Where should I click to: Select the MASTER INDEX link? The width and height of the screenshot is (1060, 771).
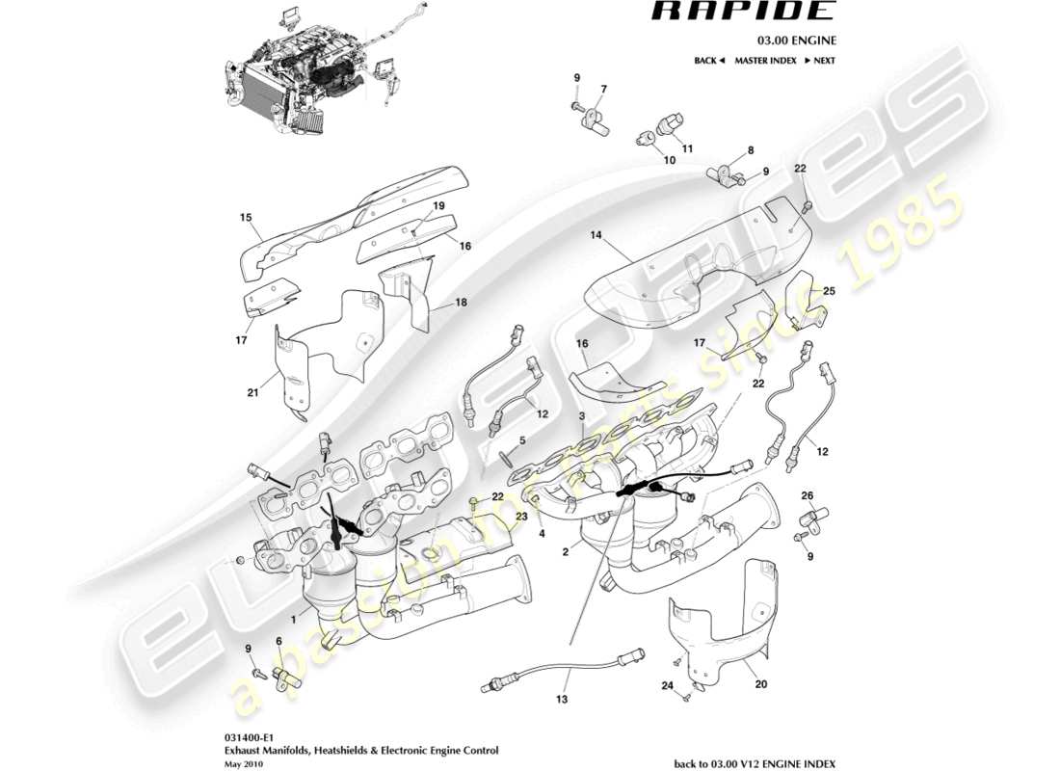coord(765,61)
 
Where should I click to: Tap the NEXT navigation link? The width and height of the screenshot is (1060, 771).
coord(818,61)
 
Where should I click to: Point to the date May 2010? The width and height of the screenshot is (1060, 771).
coord(244,762)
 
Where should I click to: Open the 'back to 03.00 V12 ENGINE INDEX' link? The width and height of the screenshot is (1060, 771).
coord(754,762)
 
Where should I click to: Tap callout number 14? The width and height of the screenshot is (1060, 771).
coord(596,234)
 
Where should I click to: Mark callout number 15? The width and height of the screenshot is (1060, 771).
coord(245,217)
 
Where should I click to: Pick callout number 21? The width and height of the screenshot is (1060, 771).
coord(252,392)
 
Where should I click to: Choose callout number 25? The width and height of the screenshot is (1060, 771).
coord(829,290)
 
